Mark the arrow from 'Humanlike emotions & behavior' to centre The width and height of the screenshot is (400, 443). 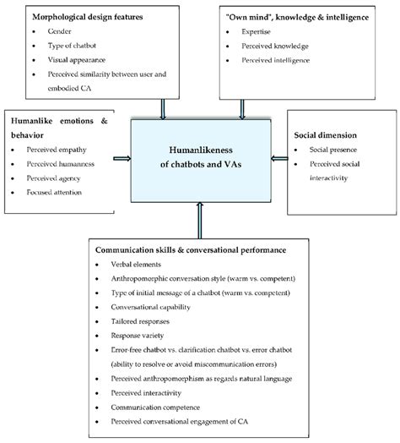122,158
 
